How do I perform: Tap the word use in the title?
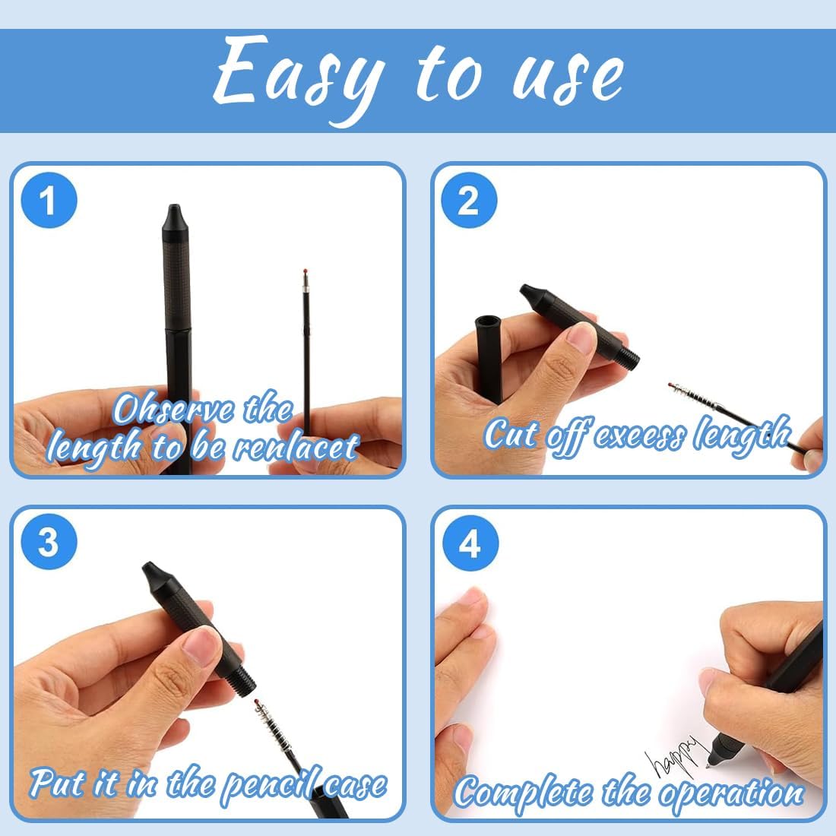point(568,78)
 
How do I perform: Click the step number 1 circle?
point(49,201)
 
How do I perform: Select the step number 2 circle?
point(469,201)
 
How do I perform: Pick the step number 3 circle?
point(49,542)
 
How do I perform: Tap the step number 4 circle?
point(470,544)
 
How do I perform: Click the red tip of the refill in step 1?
point(306,272)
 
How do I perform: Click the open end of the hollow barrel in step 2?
point(488,322)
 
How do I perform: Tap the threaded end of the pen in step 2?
point(630,355)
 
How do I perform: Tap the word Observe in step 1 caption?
point(174,410)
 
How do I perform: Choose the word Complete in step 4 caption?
point(524,792)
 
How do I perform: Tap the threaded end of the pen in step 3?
point(244,682)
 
